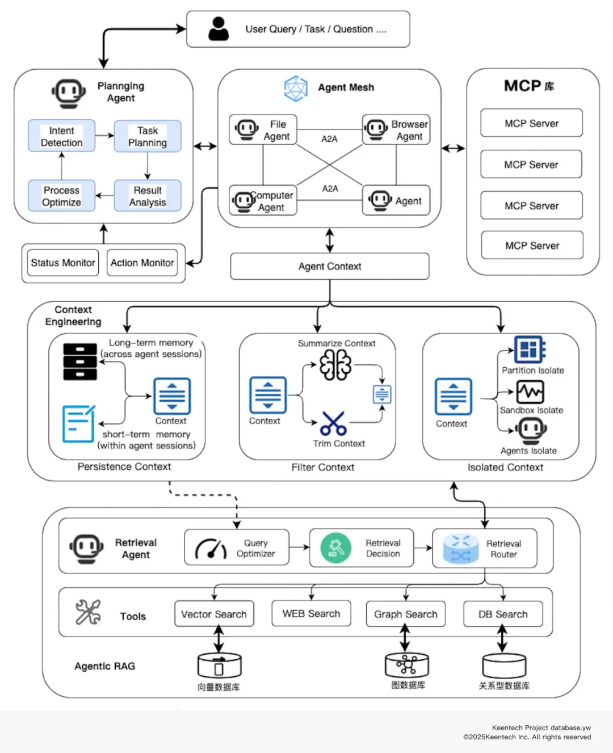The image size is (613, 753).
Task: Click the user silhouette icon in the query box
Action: tap(219, 28)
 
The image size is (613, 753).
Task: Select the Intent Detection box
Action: tap(62, 136)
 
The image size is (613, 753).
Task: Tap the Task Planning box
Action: tap(148, 136)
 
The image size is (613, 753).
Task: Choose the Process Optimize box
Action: tap(62, 196)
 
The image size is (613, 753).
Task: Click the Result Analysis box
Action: tap(148, 196)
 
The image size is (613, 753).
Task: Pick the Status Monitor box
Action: tap(63, 263)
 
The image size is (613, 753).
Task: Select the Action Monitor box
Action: tap(142, 263)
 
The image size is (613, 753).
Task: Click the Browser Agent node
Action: tap(396, 130)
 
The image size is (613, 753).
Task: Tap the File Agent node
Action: tap(263, 130)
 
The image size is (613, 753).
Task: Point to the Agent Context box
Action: tap(330, 266)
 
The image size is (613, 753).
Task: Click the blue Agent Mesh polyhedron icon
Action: tap(296, 88)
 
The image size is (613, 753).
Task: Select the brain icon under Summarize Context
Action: tap(335, 364)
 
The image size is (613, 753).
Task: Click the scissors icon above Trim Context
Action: tap(333, 423)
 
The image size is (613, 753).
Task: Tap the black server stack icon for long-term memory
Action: tap(80, 361)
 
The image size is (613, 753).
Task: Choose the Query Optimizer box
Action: tap(237, 548)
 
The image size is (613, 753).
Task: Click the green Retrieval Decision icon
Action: tap(335, 548)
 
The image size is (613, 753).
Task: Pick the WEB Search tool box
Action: tap(311, 613)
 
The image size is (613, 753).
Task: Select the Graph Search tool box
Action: tap(406, 614)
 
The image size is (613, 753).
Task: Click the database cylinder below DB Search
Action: tap(503, 666)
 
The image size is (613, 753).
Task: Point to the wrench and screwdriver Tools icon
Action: tap(89, 612)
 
